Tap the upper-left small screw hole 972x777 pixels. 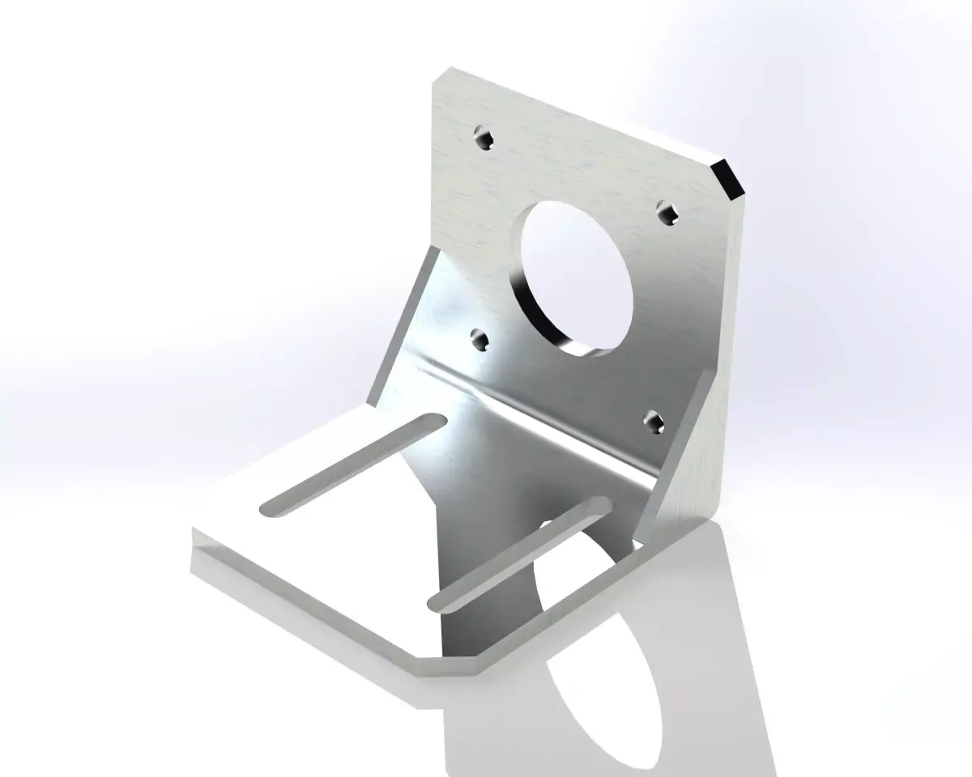tap(484, 138)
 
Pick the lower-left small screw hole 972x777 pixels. tap(480, 340)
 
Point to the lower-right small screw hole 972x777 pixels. tap(654, 421)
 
